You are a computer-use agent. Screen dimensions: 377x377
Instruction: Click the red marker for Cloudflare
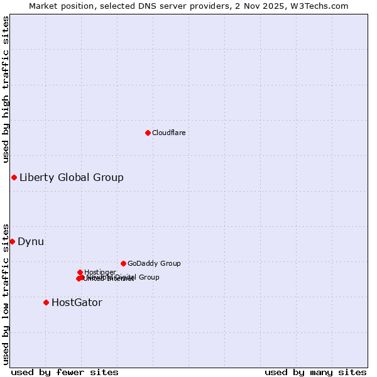pyautogui.click(x=148, y=133)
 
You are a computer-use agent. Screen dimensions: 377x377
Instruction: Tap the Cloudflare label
pyautogui.click(x=168, y=133)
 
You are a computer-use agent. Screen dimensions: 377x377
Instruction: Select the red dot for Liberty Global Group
pyautogui.click(x=14, y=177)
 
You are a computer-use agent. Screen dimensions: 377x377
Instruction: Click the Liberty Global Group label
pyautogui.click(x=71, y=177)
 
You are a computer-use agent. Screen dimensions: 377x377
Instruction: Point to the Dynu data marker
pyautogui.click(x=12, y=241)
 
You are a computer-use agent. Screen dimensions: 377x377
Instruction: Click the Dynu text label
pyautogui.click(x=31, y=241)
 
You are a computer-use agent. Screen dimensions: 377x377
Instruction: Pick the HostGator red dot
pyautogui.click(x=46, y=302)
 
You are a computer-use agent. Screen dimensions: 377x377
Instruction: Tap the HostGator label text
pyautogui.click(x=77, y=302)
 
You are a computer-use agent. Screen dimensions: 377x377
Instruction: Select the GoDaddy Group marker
pyautogui.click(x=123, y=263)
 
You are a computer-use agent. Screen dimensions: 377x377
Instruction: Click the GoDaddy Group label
pyautogui.click(x=154, y=263)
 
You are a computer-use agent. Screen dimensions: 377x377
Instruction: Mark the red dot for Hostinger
pyautogui.click(x=80, y=272)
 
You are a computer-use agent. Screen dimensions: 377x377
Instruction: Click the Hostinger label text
pyautogui.click(x=100, y=272)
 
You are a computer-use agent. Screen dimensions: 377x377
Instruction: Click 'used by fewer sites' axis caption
pyautogui.click(x=65, y=372)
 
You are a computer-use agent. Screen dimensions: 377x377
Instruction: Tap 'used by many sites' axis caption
pyautogui.click(x=315, y=372)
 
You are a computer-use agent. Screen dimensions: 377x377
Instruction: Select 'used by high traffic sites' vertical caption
pyautogui.click(x=6, y=89)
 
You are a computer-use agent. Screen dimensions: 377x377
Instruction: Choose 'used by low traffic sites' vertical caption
pyautogui.click(x=6, y=293)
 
